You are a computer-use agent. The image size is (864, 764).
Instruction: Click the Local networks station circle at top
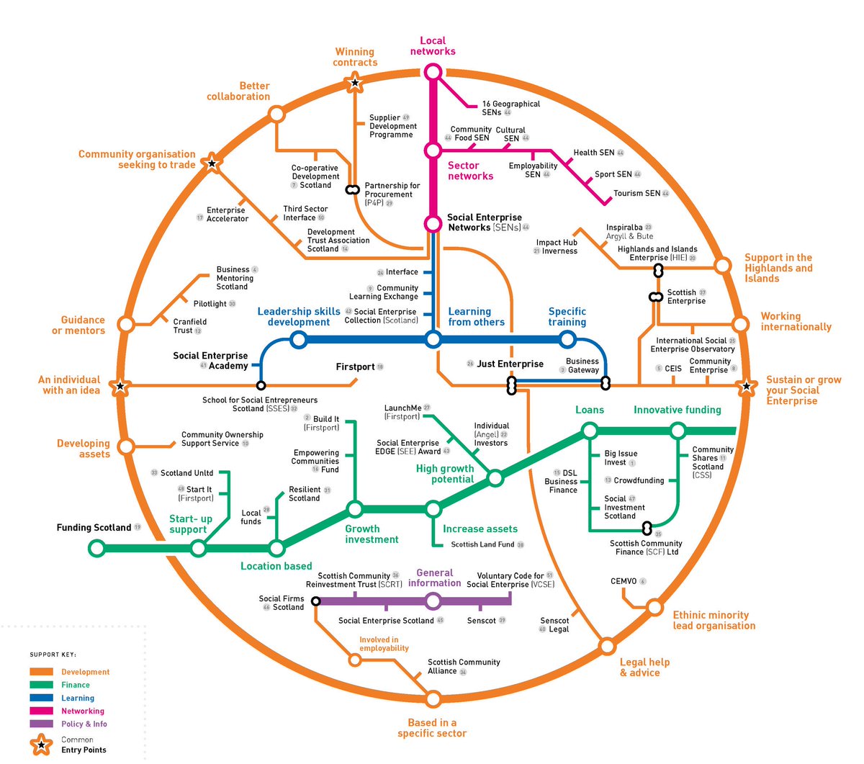[x=433, y=72]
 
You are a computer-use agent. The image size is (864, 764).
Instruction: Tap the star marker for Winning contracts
[x=354, y=84]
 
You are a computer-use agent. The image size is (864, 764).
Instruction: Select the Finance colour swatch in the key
[x=41, y=685]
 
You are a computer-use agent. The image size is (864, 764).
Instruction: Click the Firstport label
[x=356, y=367]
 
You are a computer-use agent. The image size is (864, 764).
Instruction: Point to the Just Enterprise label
[x=510, y=364]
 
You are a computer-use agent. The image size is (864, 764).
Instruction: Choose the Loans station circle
[x=590, y=431]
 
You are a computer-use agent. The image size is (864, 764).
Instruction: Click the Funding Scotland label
[x=94, y=528]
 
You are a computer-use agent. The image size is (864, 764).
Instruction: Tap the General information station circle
[x=433, y=601]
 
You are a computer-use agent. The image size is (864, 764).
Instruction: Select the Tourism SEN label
[x=636, y=194]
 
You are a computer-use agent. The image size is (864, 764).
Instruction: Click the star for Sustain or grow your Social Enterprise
[x=747, y=387]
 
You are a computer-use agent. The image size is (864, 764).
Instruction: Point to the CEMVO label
[x=624, y=581]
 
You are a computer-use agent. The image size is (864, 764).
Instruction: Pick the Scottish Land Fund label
[x=482, y=545]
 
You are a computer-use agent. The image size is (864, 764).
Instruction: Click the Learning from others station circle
[x=433, y=339]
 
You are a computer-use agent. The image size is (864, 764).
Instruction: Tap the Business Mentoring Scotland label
[x=235, y=278]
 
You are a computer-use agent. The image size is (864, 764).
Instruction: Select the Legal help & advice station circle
[x=607, y=644]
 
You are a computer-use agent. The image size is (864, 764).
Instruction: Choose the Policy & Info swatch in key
[x=41, y=724]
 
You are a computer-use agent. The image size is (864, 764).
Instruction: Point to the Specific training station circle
[x=567, y=339]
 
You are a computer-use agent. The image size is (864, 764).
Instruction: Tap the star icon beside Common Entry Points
[x=42, y=745]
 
